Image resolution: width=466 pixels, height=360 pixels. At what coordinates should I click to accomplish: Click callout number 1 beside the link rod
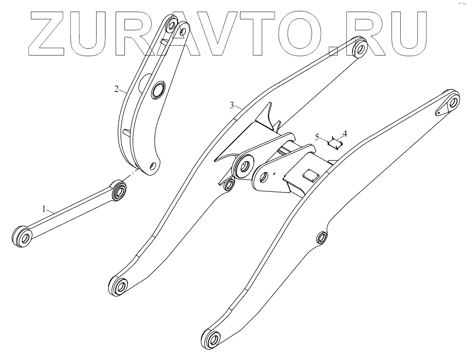tap(44, 210)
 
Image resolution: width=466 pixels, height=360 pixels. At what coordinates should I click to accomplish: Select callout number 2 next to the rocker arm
tap(116, 89)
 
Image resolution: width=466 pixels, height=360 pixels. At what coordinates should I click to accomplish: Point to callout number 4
tap(345, 132)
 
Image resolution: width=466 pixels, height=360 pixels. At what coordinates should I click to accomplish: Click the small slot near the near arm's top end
tap(439, 112)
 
